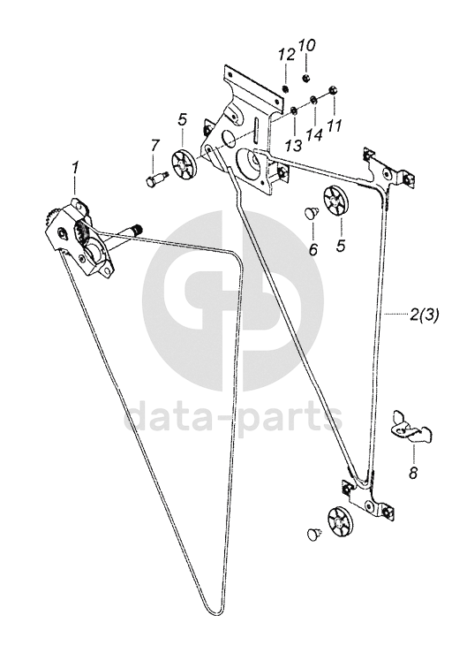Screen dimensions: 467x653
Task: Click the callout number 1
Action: click(75, 169)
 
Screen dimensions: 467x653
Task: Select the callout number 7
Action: click(154, 146)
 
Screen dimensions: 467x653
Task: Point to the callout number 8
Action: click(413, 474)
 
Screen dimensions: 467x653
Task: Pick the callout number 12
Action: click(287, 55)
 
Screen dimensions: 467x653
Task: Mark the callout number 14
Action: click(315, 134)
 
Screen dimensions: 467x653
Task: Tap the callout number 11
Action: click(335, 125)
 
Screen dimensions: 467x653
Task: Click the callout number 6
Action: click(313, 249)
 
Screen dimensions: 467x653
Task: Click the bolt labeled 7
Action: click(155, 178)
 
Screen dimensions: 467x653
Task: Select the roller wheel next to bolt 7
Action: click(185, 163)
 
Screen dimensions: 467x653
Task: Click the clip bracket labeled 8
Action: click(411, 426)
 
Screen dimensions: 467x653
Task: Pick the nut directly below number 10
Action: click(305, 78)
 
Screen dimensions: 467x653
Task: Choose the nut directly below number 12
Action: click(285, 88)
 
